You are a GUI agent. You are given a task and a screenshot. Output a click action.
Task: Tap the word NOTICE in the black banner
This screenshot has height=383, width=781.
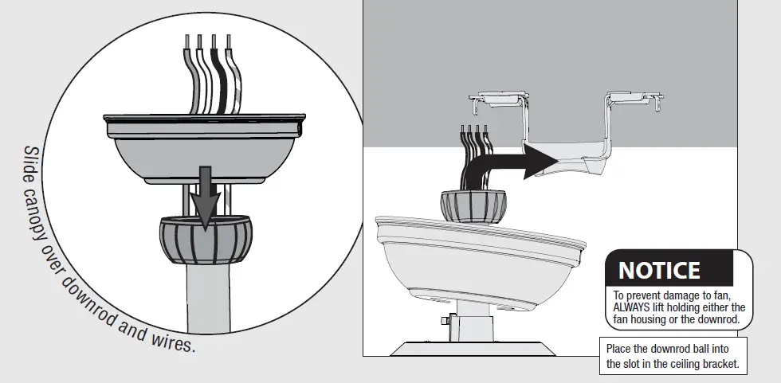(x=659, y=271)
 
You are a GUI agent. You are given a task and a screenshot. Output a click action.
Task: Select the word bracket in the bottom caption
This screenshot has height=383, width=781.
(x=716, y=363)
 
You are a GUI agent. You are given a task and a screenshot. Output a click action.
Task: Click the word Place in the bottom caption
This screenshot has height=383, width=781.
(x=619, y=349)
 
